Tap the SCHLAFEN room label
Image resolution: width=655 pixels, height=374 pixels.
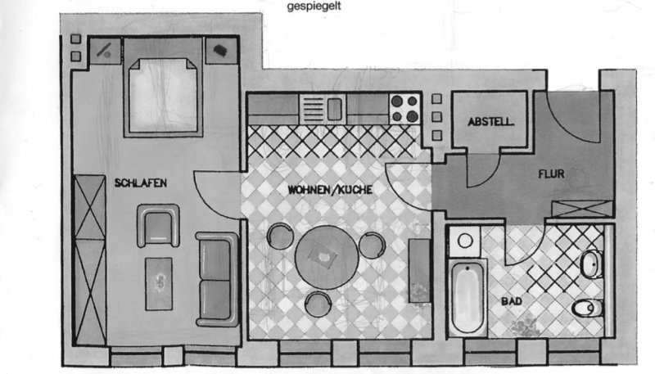pos(141,182)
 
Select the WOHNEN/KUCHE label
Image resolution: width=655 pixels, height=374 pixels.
pos(330,190)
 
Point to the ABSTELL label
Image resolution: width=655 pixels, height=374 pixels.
pos(490,122)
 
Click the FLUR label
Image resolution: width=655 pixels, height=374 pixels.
pos(551,173)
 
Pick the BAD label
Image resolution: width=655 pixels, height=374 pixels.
pos(511,301)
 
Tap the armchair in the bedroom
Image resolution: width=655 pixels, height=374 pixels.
pos(158,226)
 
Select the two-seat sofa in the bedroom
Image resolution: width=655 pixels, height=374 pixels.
pos(217,279)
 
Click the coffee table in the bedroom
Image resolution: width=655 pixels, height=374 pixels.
pos(159,284)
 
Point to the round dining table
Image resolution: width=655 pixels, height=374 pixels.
pos(327,258)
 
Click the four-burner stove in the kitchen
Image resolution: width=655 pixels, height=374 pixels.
pos(404,109)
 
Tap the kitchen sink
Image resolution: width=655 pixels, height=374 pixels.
pos(323,109)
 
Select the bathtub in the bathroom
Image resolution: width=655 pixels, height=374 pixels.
pos(468,298)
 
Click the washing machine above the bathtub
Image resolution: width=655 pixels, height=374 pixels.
pos(465,241)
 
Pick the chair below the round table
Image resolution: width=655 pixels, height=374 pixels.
pos(318,304)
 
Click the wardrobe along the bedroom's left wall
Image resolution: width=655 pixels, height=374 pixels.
pos(89,260)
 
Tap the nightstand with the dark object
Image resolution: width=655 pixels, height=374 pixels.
pos(221,51)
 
